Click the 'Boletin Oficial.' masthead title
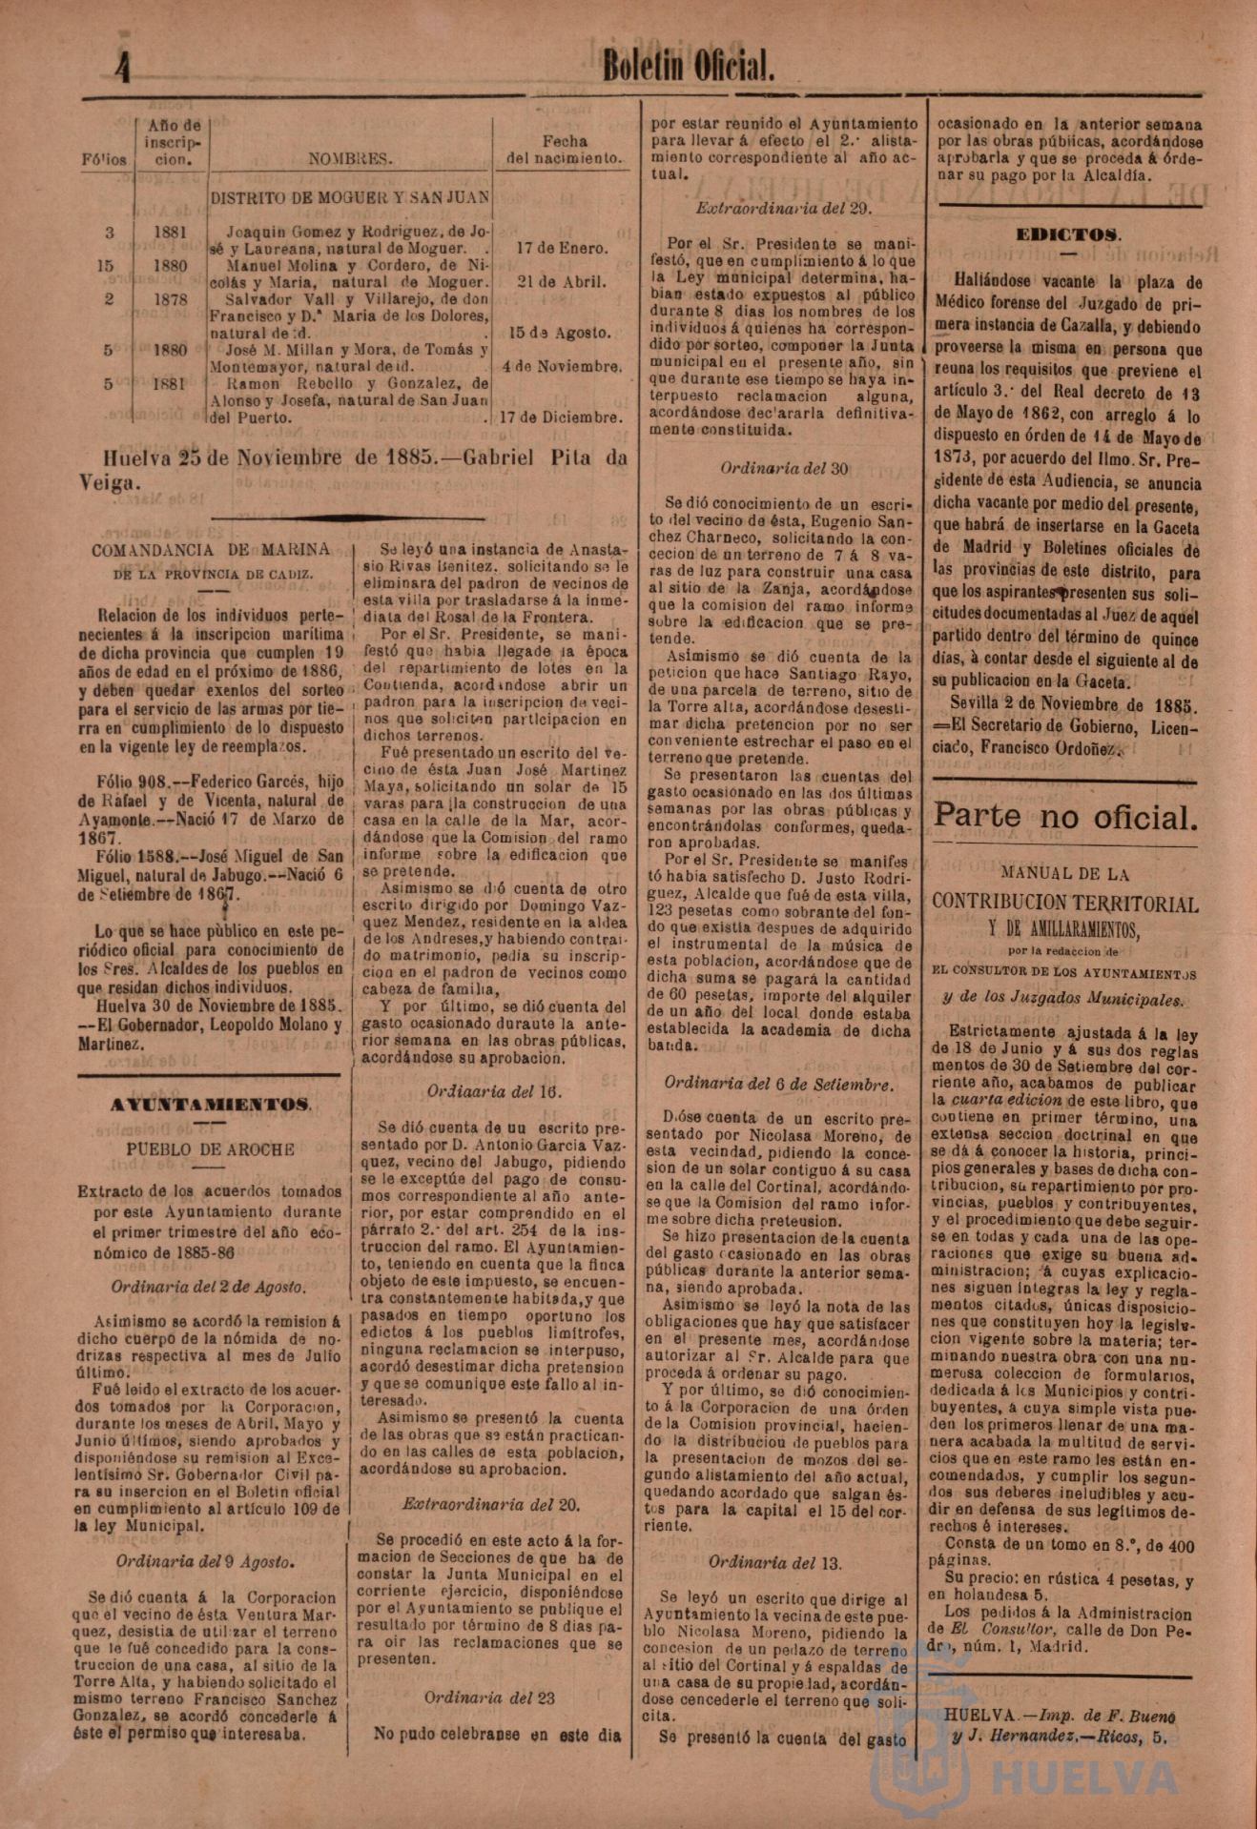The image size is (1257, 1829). [687, 66]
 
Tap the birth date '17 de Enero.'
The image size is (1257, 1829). [562, 248]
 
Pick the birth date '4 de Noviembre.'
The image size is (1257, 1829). [562, 366]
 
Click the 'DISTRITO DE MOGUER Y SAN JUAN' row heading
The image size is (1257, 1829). [350, 198]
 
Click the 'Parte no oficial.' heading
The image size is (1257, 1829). [1063, 816]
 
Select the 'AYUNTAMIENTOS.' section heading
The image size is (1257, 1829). [210, 1105]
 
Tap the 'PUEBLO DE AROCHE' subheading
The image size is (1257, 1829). [211, 1149]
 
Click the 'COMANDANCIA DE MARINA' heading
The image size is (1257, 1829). [211, 549]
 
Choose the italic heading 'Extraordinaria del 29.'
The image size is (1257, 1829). [783, 207]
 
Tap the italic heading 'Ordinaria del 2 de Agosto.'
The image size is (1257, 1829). [209, 1287]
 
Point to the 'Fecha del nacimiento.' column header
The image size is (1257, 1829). [565, 150]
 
